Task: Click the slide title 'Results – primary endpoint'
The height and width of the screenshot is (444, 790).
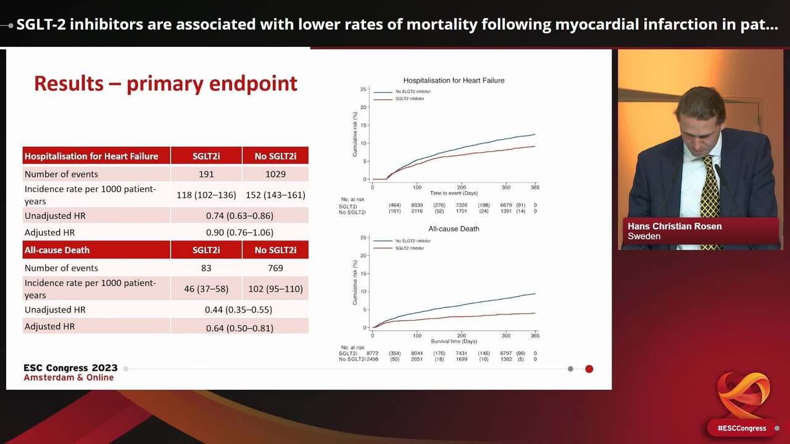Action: (x=165, y=84)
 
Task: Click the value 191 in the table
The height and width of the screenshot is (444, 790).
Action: (x=206, y=174)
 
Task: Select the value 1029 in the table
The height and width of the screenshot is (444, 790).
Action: (x=275, y=174)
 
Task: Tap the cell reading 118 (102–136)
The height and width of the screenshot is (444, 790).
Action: (x=206, y=195)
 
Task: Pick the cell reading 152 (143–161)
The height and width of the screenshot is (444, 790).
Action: (x=275, y=195)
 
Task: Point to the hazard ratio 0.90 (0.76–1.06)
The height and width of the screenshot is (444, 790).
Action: (x=239, y=232)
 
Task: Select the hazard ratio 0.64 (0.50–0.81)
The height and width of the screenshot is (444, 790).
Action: (x=239, y=328)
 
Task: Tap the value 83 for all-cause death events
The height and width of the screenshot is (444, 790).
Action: (x=206, y=268)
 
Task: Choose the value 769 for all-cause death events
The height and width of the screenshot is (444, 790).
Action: (x=275, y=268)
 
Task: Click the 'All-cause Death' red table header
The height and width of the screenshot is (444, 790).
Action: (x=57, y=250)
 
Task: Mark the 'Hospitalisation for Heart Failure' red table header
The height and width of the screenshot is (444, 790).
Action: (x=91, y=156)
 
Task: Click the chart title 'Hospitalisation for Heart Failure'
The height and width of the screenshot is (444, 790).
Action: (x=454, y=80)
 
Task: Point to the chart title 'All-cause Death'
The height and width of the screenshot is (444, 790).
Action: (x=454, y=229)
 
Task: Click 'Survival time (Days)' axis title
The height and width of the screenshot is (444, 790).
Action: (x=454, y=341)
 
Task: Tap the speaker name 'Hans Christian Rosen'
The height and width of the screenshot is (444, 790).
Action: (x=675, y=226)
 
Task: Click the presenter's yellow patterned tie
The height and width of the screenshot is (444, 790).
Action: (x=709, y=191)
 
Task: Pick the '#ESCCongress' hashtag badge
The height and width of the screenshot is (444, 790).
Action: (x=741, y=428)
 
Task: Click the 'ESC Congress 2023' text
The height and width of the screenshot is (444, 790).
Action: (x=70, y=368)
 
